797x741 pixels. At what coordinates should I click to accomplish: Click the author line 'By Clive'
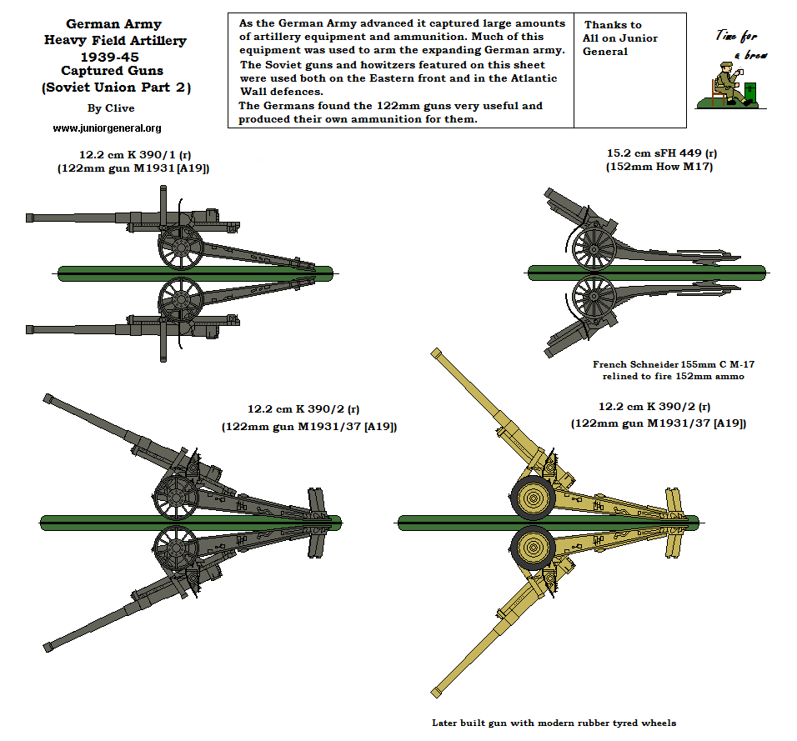(x=110, y=108)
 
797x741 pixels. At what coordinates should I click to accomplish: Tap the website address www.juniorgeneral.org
(x=107, y=128)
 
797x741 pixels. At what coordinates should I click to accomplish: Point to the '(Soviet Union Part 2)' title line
(x=115, y=88)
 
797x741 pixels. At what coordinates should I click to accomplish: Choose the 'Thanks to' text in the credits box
(x=613, y=25)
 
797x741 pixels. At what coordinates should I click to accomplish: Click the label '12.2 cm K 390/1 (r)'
(x=133, y=154)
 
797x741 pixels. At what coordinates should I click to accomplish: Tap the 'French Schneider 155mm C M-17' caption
(x=674, y=364)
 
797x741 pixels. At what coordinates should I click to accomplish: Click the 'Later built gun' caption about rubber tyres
(x=554, y=723)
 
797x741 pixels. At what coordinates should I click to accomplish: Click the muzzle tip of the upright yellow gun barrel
(x=434, y=353)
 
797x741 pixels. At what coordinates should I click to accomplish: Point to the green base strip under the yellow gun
(x=547, y=523)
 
